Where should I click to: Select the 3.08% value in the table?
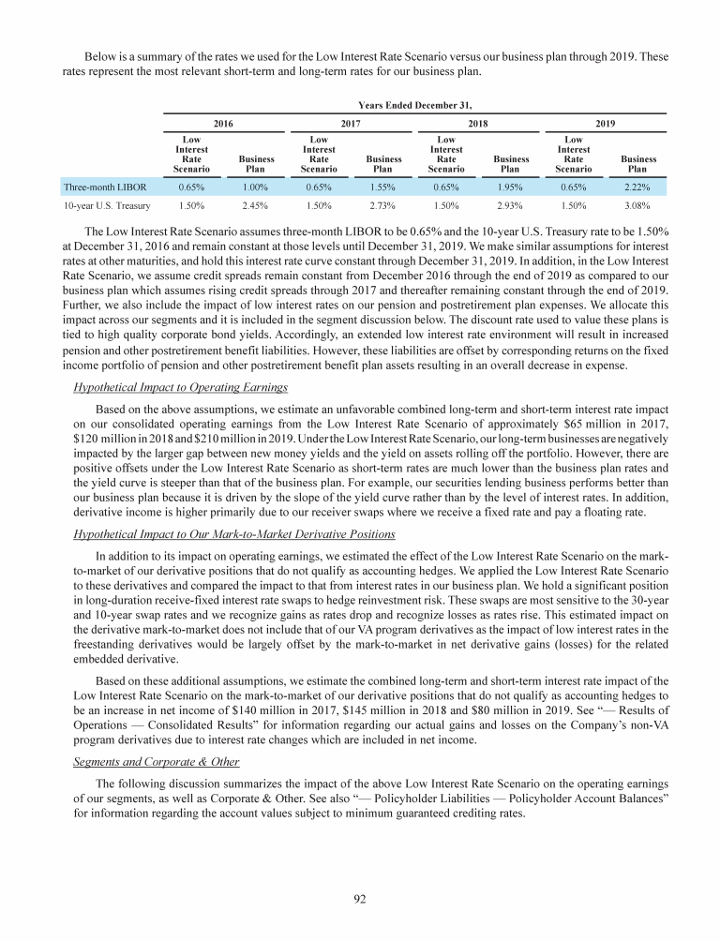pyautogui.click(x=637, y=204)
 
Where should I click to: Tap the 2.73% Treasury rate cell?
pyautogui.click(x=383, y=204)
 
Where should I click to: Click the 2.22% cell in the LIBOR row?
pyautogui.click(x=637, y=187)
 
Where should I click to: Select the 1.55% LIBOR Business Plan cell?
pyautogui.click(x=383, y=187)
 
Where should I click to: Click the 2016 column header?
pyautogui.click(x=224, y=123)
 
